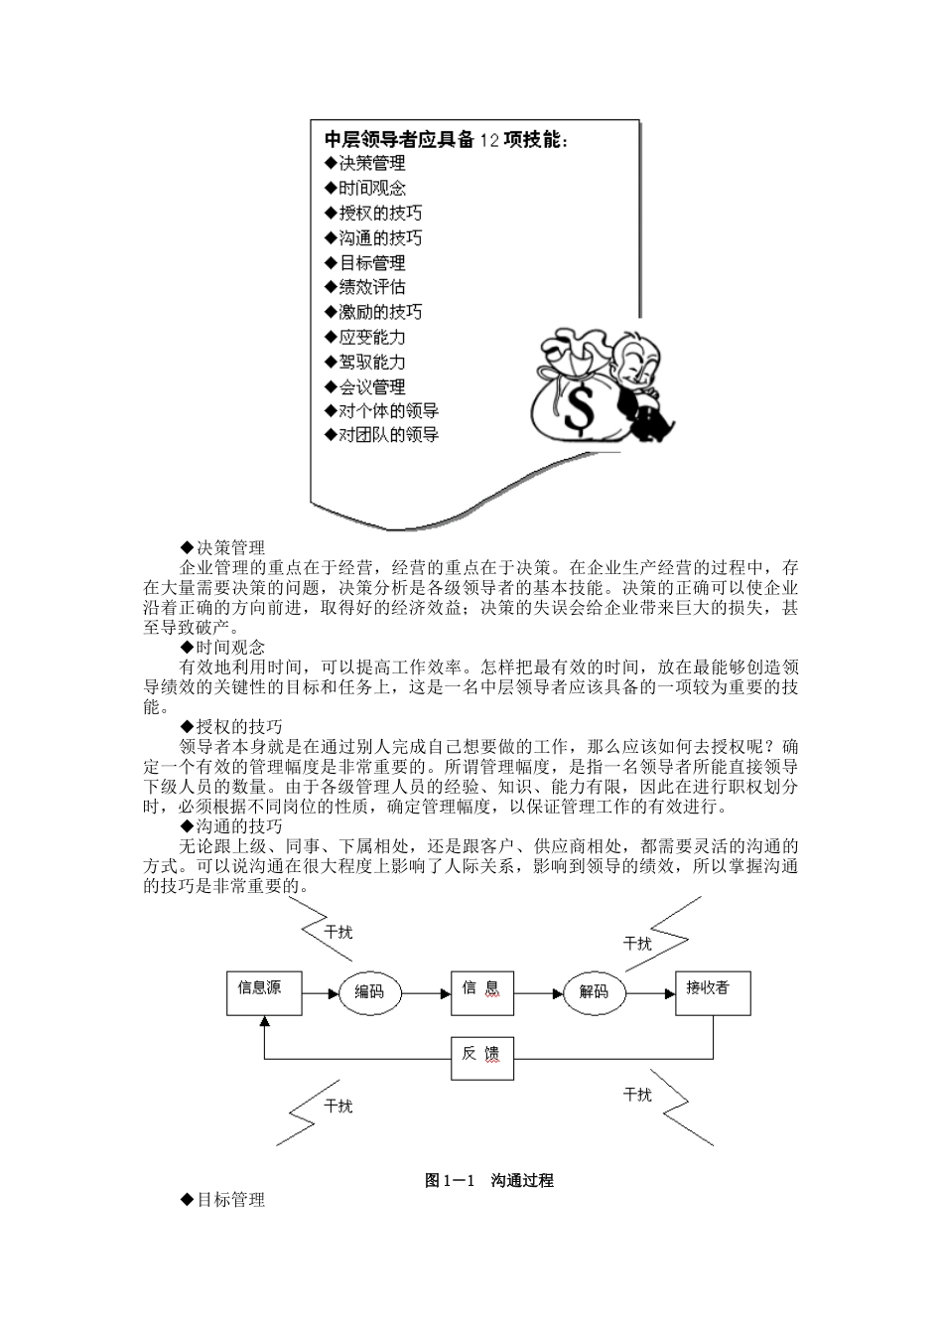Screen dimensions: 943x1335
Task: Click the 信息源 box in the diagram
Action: click(264, 992)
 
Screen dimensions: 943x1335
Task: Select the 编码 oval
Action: click(369, 991)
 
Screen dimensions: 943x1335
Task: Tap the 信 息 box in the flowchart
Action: click(482, 991)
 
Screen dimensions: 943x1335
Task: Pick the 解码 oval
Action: click(595, 991)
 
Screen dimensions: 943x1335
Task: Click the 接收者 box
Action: click(713, 991)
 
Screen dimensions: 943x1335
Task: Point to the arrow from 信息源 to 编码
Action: click(320, 991)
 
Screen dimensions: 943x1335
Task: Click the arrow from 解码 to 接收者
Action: click(650, 991)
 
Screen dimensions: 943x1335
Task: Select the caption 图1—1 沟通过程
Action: click(488, 1180)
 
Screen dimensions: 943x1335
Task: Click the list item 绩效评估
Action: click(365, 287)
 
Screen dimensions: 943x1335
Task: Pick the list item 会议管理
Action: click(365, 386)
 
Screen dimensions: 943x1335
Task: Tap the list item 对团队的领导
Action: click(381, 435)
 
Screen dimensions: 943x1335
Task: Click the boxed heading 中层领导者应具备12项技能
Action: click(447, 140)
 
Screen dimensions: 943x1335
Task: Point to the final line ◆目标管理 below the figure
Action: click(222, 1200)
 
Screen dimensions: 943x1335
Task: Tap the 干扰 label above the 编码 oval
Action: click(338, 932)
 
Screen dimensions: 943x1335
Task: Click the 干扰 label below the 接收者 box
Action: click(637, 1095)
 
